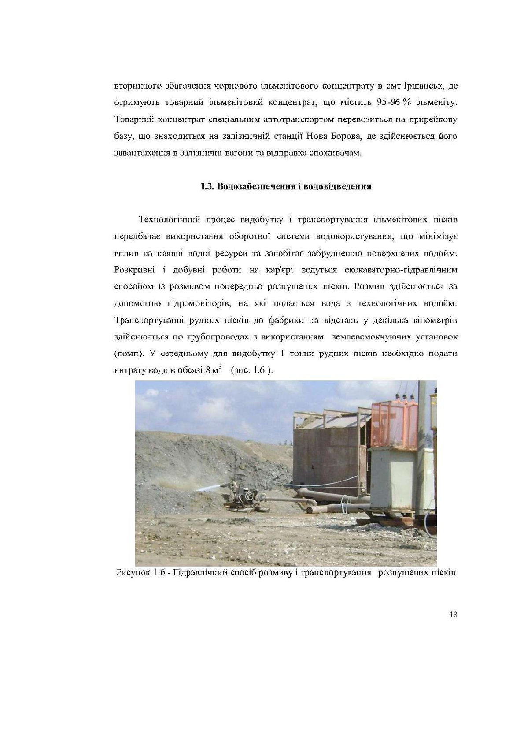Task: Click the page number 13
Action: coord(453,615)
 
